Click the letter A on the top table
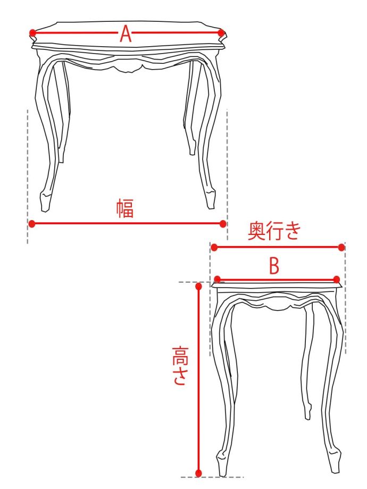click(126, 33)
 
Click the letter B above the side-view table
click(274, 267)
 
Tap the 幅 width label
click(125, 208)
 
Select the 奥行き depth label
click(274, 231)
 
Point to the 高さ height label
click(180, 366)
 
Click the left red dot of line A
click(32, 33)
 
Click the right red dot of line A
click(221, 33)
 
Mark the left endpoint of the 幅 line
click(32, 224)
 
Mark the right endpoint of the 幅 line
click(223, 224)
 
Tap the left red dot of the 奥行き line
click(214, 248)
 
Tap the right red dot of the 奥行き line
click(341, 248)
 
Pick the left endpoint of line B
click(218, 279)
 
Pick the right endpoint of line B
click(337, 279)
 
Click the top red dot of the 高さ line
click(198, 286)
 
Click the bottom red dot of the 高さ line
click(198, 473)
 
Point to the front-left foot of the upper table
click(46, 201)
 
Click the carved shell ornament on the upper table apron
click(129, 66)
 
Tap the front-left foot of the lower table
click(222, 464)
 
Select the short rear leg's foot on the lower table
click(308, 411)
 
